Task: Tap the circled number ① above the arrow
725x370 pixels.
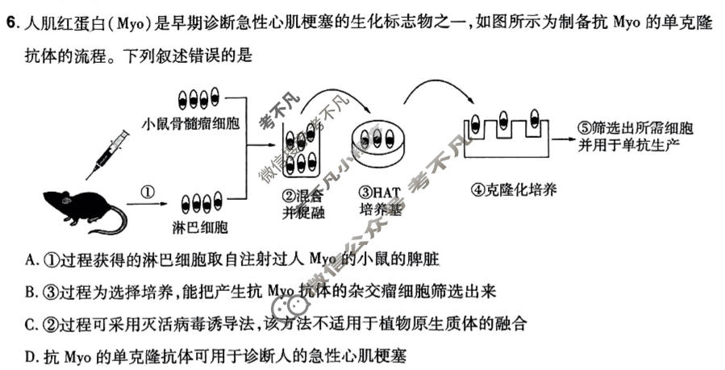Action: coord(147,192)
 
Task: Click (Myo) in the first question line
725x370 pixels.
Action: coord(131,22)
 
